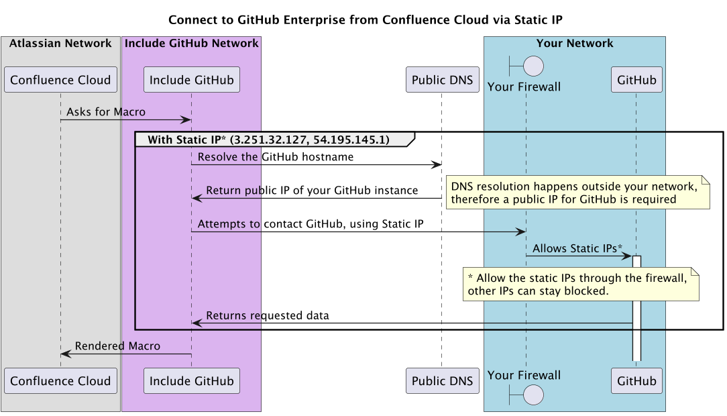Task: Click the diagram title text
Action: point(365,19)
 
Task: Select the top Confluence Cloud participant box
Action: point(60,80)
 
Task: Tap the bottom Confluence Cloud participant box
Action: point(60,381)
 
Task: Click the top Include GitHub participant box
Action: point(191,80)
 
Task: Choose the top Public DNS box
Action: point(442,80)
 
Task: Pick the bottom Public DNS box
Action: point(442,381)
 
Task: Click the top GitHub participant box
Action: point(636,80)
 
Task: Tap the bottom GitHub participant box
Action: point(636,381)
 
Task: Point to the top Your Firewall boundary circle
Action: point(533,66)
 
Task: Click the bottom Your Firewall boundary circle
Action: point(533,395)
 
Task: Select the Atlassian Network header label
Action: point(60,44)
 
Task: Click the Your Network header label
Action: point(575,44)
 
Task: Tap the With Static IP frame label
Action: point(268,140)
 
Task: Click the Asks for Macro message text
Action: point(105,111)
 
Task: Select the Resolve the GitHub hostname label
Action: point(275,156)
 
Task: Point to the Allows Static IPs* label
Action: point(577,248)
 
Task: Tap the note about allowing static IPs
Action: point(580,284)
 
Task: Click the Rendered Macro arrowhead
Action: point(66,354)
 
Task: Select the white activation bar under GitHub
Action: point(636,309)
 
